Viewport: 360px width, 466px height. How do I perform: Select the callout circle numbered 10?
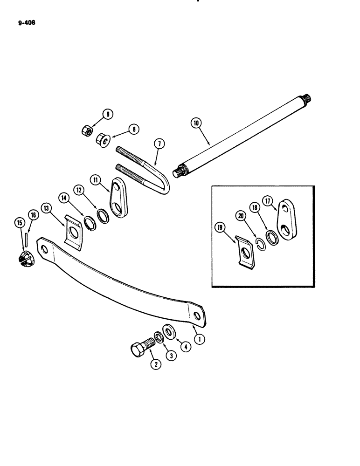click(195, 123)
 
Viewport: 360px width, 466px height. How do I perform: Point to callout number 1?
click(200, 340)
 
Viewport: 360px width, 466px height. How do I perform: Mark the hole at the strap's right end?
click(198, 317)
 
